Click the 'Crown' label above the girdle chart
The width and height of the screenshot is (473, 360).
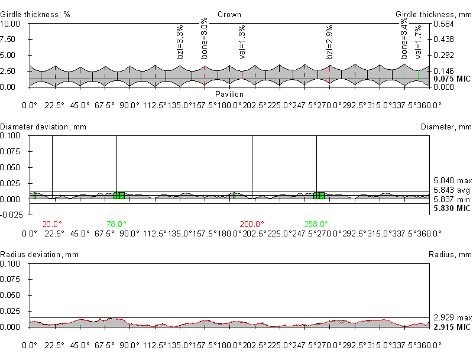(x=229, y=14)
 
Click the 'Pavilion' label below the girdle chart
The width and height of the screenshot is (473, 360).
(x=229, y=94)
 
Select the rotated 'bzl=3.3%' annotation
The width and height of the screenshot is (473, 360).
(x=180, y=41)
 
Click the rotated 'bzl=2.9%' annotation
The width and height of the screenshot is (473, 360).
(x=330, y=41)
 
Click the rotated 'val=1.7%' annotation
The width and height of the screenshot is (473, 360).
(x=418, y=41)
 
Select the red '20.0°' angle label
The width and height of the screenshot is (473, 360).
(x=52, y=224)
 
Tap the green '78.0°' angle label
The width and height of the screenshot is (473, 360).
(x=116, y=224)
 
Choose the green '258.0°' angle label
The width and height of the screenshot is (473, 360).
(x=316, y=224)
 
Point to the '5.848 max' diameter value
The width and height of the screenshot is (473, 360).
(x=452, y=180)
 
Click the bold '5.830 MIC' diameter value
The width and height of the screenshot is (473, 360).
(x=452, y=209)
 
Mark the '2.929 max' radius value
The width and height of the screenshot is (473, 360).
(x=452, y=317)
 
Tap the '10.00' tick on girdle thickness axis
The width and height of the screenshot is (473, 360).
(x=11, y=24)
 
